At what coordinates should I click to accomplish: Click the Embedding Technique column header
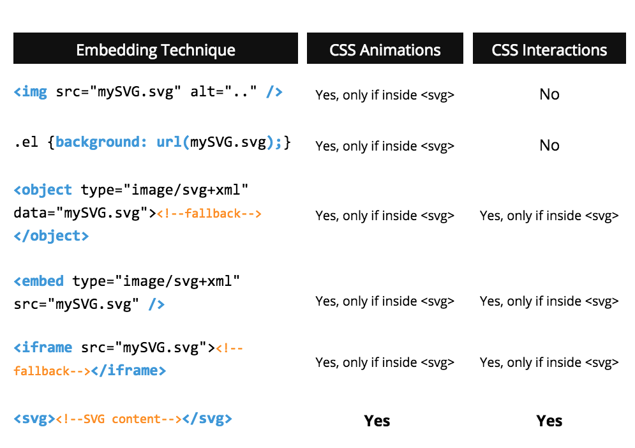(155, 50)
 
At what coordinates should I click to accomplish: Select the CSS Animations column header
(385, 50)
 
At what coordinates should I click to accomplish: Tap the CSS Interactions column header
(549, 50)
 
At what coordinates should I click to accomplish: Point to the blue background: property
(101, 142)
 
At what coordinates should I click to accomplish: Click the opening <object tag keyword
(43, 190)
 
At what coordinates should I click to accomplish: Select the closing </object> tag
(51, 235)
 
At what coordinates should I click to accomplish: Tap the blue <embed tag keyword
(39, 281)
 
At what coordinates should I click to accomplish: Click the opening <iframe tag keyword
(43, 347)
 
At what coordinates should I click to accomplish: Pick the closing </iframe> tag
(129, 370)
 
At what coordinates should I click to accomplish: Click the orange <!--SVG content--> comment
(119, 419)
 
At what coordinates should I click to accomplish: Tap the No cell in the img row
(549, 94)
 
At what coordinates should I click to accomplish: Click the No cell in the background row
(549, 146)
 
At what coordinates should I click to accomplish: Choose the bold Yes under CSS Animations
(377, 421)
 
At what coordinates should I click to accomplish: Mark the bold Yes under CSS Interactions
(549, 421)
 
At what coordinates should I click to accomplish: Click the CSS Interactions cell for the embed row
(549, 301)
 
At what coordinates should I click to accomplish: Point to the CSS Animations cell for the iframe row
(385, 362)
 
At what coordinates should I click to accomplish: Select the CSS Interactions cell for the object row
(549, 216)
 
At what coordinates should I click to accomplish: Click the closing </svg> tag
(207, 419)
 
